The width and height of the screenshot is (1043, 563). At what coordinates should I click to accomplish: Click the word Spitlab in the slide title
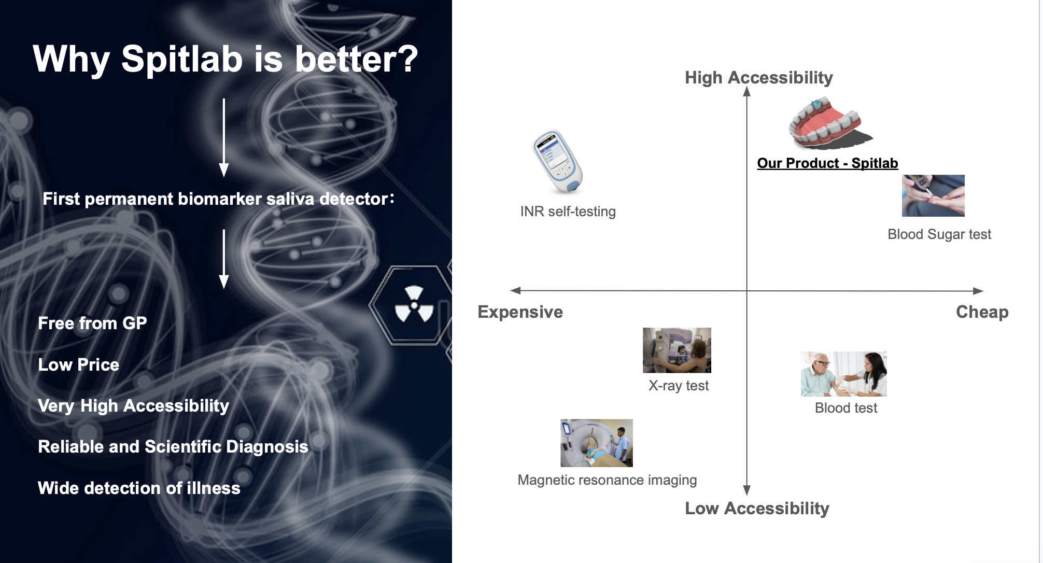pyautogui.click(x=182, y=59)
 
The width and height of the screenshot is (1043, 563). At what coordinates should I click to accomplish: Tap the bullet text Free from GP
pyautogui.click(x=92, y=323)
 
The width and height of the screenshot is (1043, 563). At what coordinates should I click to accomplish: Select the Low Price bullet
pyautogui.click(x=78, y=365)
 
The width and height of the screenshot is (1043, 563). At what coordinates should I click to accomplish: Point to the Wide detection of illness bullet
pyautogui.click(x=139, y=488)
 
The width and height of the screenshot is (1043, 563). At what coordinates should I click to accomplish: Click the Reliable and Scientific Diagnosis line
pyautogui.click(x=173, y=447)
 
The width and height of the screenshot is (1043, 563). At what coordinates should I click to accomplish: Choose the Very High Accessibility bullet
pyautogui.click(x=133, y=406)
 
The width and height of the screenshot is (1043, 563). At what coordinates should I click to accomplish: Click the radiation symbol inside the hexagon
pyautogui.click(x=414, y=304)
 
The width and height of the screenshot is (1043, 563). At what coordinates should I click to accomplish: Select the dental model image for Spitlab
pyautogui.click(x=829, y=124)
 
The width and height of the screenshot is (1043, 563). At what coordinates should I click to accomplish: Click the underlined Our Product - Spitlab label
pyautogui.click(x=827, y=163)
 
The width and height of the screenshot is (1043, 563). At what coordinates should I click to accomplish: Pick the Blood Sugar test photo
pyautogui.click(x=933, y=195)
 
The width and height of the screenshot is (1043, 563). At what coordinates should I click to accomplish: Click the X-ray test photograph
pyautogui.click(x=677, y=350)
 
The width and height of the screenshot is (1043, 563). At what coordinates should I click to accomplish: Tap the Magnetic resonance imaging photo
pyautogui.click(x=597, y=443)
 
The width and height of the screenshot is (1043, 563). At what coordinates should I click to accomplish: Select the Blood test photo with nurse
pyautogui.click(x=844, y=374)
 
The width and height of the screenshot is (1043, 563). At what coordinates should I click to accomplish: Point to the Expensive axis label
pyautogui.click(x=520, y=312)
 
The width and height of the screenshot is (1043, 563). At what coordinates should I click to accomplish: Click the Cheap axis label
pyautogui.click(x=982, y=312)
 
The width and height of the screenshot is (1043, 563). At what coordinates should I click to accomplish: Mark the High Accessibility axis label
pyautogui.click(x=759, y=78)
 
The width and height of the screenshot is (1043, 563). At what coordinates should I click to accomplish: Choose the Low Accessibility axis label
pyautogui.click(x=757, y=509)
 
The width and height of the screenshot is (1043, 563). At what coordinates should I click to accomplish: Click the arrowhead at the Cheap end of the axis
pyautogui.click(x=978, y=291)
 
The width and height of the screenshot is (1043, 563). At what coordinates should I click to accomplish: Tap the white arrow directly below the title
pyautogui.click(x=224, y=138)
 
